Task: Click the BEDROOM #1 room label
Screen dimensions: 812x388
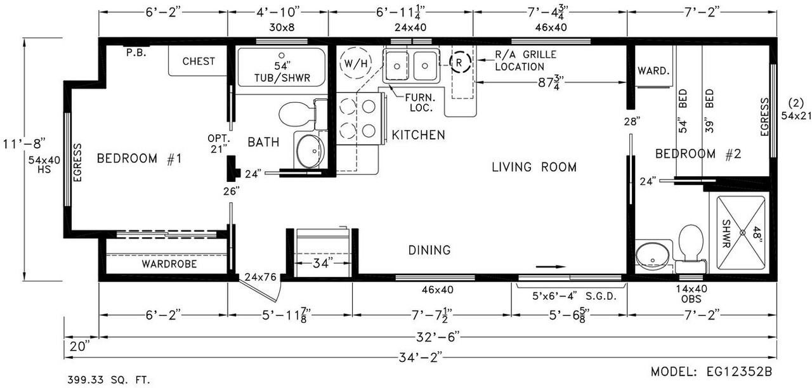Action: point(139,158)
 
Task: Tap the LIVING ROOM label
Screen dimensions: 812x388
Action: point(534,167)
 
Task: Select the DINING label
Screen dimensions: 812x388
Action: point(429,250)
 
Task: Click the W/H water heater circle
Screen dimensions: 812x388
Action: point(356,64)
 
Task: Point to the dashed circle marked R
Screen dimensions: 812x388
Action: point(460,62)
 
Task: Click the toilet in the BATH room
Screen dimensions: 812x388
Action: point(298,114)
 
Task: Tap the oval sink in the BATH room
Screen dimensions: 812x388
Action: point(310,151)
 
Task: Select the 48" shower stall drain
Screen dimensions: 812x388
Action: point(742,233)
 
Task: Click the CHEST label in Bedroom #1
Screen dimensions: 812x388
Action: point(199,61)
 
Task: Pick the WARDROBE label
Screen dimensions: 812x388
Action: point(169,264)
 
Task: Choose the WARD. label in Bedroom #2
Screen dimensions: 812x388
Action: point(653,70)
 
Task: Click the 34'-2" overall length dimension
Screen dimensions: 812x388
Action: point(421,358)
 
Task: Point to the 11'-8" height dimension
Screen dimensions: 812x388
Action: point(25,143)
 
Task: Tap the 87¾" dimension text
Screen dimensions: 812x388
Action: point(551,83)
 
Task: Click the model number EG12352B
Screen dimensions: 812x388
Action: point(740,372)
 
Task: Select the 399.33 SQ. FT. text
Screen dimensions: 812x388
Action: point(108,380)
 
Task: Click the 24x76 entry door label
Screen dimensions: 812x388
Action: point(260,277)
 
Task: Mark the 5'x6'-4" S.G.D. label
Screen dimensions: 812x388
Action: point(575,296)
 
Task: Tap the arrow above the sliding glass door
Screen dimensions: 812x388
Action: point(551,267)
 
